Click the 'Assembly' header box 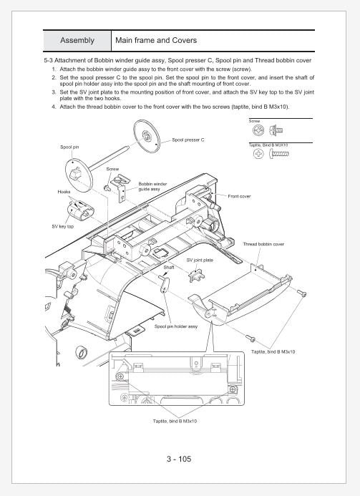77,40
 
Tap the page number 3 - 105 180,459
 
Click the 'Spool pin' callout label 69,147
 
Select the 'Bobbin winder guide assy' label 153,186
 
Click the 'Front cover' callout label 239,196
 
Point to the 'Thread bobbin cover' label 264,244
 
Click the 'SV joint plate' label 200,260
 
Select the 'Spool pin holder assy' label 176,326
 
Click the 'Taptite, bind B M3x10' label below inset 175,421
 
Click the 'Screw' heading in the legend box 255,120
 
